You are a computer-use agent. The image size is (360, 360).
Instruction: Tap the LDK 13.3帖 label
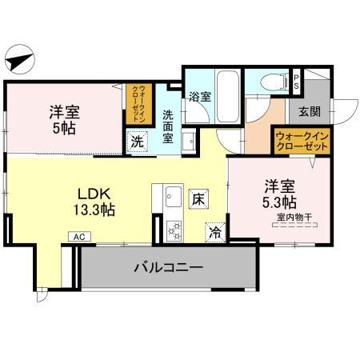(x=94, y=202)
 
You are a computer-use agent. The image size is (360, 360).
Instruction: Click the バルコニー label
(x=167, y=267)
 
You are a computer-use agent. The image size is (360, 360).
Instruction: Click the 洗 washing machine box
(x=138, y=142)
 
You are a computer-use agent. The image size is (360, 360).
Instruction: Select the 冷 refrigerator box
(x=214, y=231)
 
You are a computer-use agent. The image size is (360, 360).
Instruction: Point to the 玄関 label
(x=309, y=111)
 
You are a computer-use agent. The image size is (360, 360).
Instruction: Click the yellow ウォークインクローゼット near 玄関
(x=302, y=142)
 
